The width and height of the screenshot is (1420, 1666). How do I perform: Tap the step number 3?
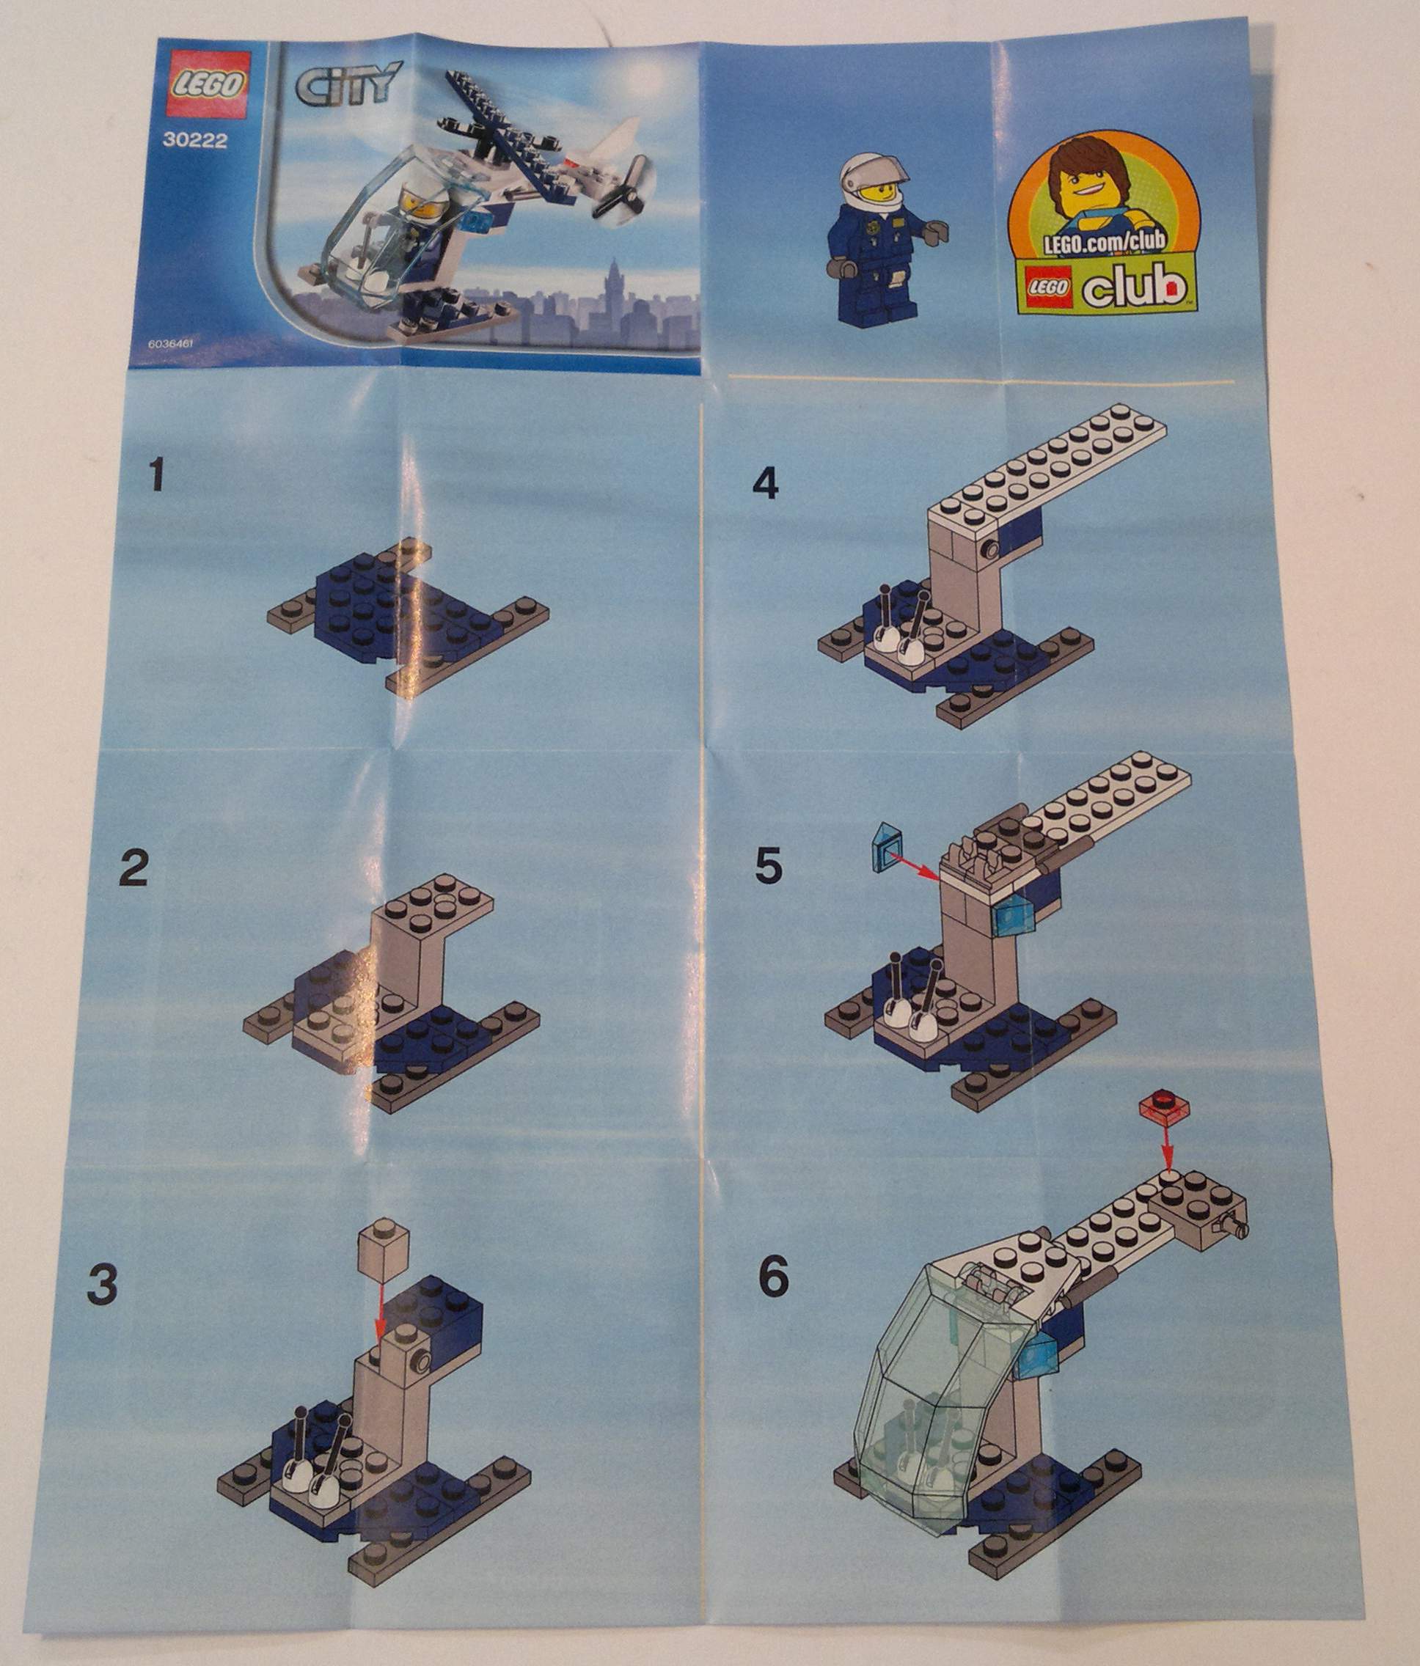[x=102, y=1285]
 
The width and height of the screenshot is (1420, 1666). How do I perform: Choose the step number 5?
[x=768, y=867]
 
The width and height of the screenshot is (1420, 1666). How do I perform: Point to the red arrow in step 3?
[x=378, y=1308]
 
